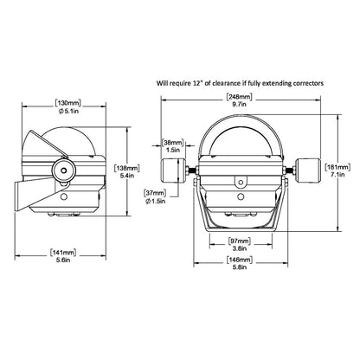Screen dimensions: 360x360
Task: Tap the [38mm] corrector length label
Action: click(x=174, y=140)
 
